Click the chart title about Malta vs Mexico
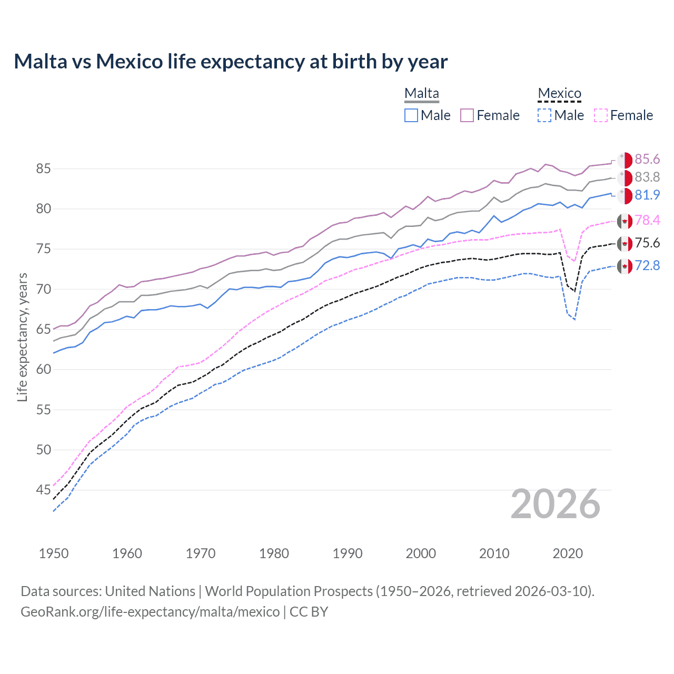(231, 62)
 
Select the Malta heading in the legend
(421, 93)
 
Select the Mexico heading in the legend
(559, 93)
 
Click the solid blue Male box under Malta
(411, 115)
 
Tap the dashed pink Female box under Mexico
(601, 115)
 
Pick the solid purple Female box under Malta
(467, 115)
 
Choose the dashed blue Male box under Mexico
(545, 115)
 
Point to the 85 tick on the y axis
(43, 169)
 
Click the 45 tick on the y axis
(43, 490)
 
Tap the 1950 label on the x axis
(54, 553)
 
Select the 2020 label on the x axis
(568, 553)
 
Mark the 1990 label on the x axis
(348, 553)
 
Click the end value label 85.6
(647, 160)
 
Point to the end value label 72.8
(647, 265)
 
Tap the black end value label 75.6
(647, 243)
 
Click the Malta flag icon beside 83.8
(625, 177)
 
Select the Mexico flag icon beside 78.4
(625, 221)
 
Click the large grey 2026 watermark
(556, 504)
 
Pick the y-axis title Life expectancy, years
(22, 337)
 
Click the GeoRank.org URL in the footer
(150, 612)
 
